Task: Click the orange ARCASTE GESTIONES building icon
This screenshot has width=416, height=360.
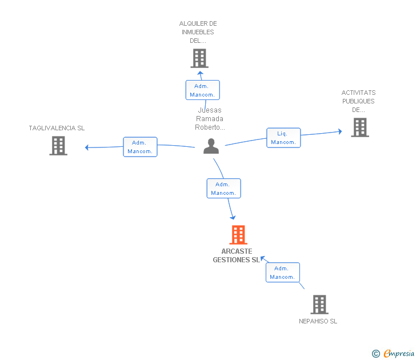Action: [238, 235]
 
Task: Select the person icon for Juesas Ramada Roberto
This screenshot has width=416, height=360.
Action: [211, 146]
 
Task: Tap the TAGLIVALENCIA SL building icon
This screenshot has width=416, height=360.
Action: [58, 146]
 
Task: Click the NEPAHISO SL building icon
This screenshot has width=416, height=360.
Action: [319, 305]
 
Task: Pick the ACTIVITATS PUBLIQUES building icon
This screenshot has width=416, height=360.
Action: [360, 127]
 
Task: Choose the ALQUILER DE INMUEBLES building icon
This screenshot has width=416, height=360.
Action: [199, 58]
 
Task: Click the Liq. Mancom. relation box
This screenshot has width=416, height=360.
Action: [283, 138]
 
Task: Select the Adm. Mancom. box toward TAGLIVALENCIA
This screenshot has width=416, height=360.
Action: [140, 147]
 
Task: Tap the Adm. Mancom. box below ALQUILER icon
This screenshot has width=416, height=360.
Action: [202, 90]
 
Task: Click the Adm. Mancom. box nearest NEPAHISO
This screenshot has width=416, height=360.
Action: [282, 273]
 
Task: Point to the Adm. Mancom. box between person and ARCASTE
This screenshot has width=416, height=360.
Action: [223, 189]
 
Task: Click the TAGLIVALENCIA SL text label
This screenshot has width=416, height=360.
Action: [57, 128]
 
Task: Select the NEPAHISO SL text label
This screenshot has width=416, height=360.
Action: [318, 321]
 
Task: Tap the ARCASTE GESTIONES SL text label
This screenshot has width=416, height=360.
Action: [236, 255]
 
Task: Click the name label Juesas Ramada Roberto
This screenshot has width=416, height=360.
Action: [210, 119]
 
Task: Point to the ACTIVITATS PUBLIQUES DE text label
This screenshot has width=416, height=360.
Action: [358, 101]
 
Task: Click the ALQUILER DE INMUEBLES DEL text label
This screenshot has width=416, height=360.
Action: [198, 32]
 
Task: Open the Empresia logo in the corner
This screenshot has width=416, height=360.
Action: [394, 354]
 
